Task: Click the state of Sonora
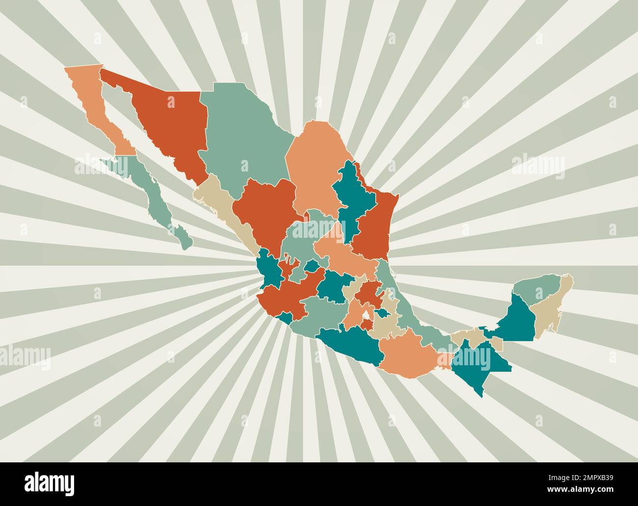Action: [x=167, y=123]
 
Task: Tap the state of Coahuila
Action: [x=314, y=167]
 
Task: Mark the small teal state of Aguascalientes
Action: [x=311, y=266]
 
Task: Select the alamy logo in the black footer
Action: [x=49, y=483]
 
